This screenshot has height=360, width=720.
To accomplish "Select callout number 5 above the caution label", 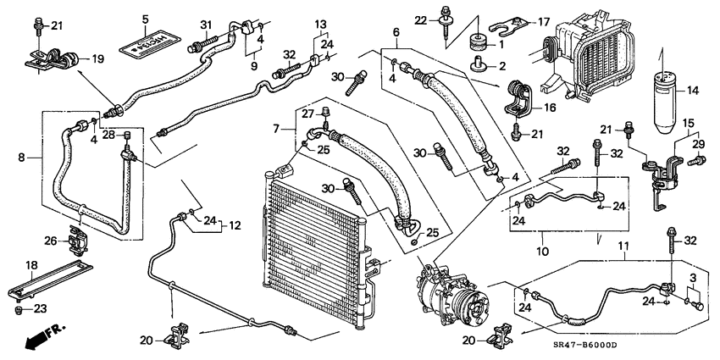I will (x=145, y=19).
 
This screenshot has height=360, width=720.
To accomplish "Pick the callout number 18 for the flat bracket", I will (x=31, y=265).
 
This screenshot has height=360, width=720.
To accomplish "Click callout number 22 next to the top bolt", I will (x=422, y=19).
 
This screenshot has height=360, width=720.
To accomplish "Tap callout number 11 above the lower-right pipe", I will (x=625, y=246).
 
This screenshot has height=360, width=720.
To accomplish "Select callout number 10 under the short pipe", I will (x=543, y=251).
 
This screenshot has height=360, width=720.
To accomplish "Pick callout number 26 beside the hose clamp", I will (x=50, y=241).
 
